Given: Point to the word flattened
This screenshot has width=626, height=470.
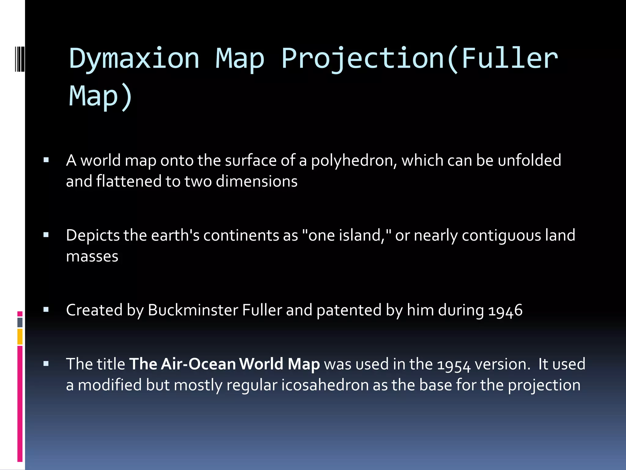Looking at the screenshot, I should [129, 181].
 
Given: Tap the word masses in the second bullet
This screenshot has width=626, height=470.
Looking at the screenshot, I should [92, 256].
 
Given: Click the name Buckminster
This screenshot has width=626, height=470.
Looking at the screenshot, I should [193, 310].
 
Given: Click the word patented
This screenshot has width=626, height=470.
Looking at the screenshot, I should [349, 310].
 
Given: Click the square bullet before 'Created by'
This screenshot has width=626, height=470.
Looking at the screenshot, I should [46, 310].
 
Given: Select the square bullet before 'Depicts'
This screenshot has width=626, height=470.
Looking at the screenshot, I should [46, 235].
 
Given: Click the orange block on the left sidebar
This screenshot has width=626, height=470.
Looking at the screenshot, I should [20, 336].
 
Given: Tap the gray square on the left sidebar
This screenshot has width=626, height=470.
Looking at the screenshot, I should [20, 322].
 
